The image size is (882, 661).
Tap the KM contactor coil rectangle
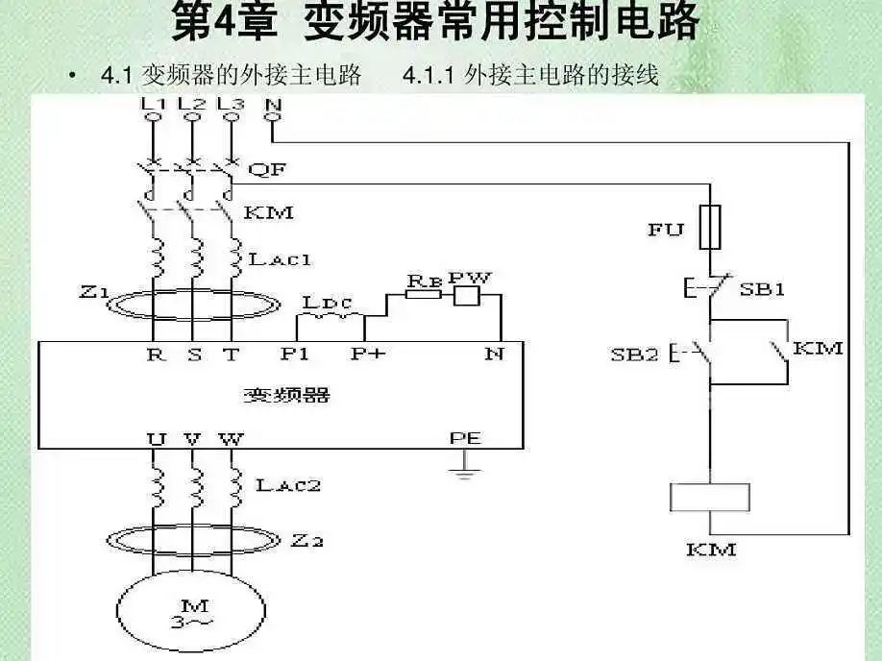click(709, 497)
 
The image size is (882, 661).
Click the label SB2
click(634, 354)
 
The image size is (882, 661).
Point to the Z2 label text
click(306, 542)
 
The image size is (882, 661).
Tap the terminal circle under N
click(273, 118)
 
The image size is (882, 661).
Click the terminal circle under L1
click(152, 118)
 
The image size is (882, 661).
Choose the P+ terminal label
click(368, 354)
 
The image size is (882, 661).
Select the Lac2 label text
click(287, 485)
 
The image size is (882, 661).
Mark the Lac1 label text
click(280, 258)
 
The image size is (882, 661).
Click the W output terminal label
click(231, 439)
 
